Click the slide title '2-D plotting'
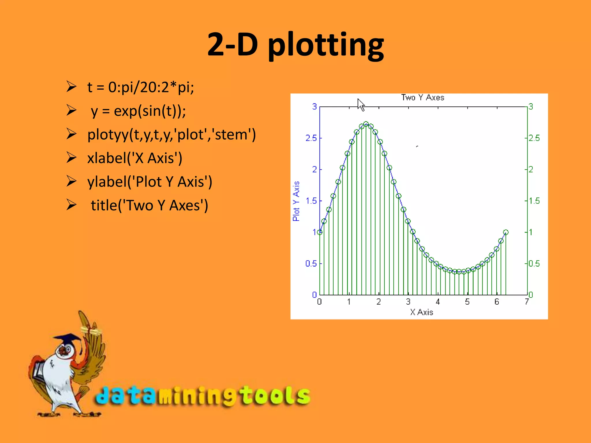(295, 45)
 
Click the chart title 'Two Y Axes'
(422, 97)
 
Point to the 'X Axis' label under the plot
(421, 312)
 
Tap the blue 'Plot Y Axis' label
(296, 201)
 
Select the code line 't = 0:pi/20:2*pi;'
(141, 87)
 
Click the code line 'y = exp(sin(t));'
(138, 111)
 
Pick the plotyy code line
(171, 134)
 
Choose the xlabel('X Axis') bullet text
(135, 158)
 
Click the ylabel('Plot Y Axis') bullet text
(150, 182)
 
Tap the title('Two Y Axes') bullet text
(149, 205)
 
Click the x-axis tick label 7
(527, 302)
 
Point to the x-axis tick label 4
(438, 302)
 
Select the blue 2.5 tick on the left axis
(311, 138)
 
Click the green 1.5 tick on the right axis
(534, 201)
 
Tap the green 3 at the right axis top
(531, 107)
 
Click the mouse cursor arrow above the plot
(360, 104)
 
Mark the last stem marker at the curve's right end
(506, 232)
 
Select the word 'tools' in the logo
(276, 396)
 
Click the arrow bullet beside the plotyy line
(71, 134)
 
